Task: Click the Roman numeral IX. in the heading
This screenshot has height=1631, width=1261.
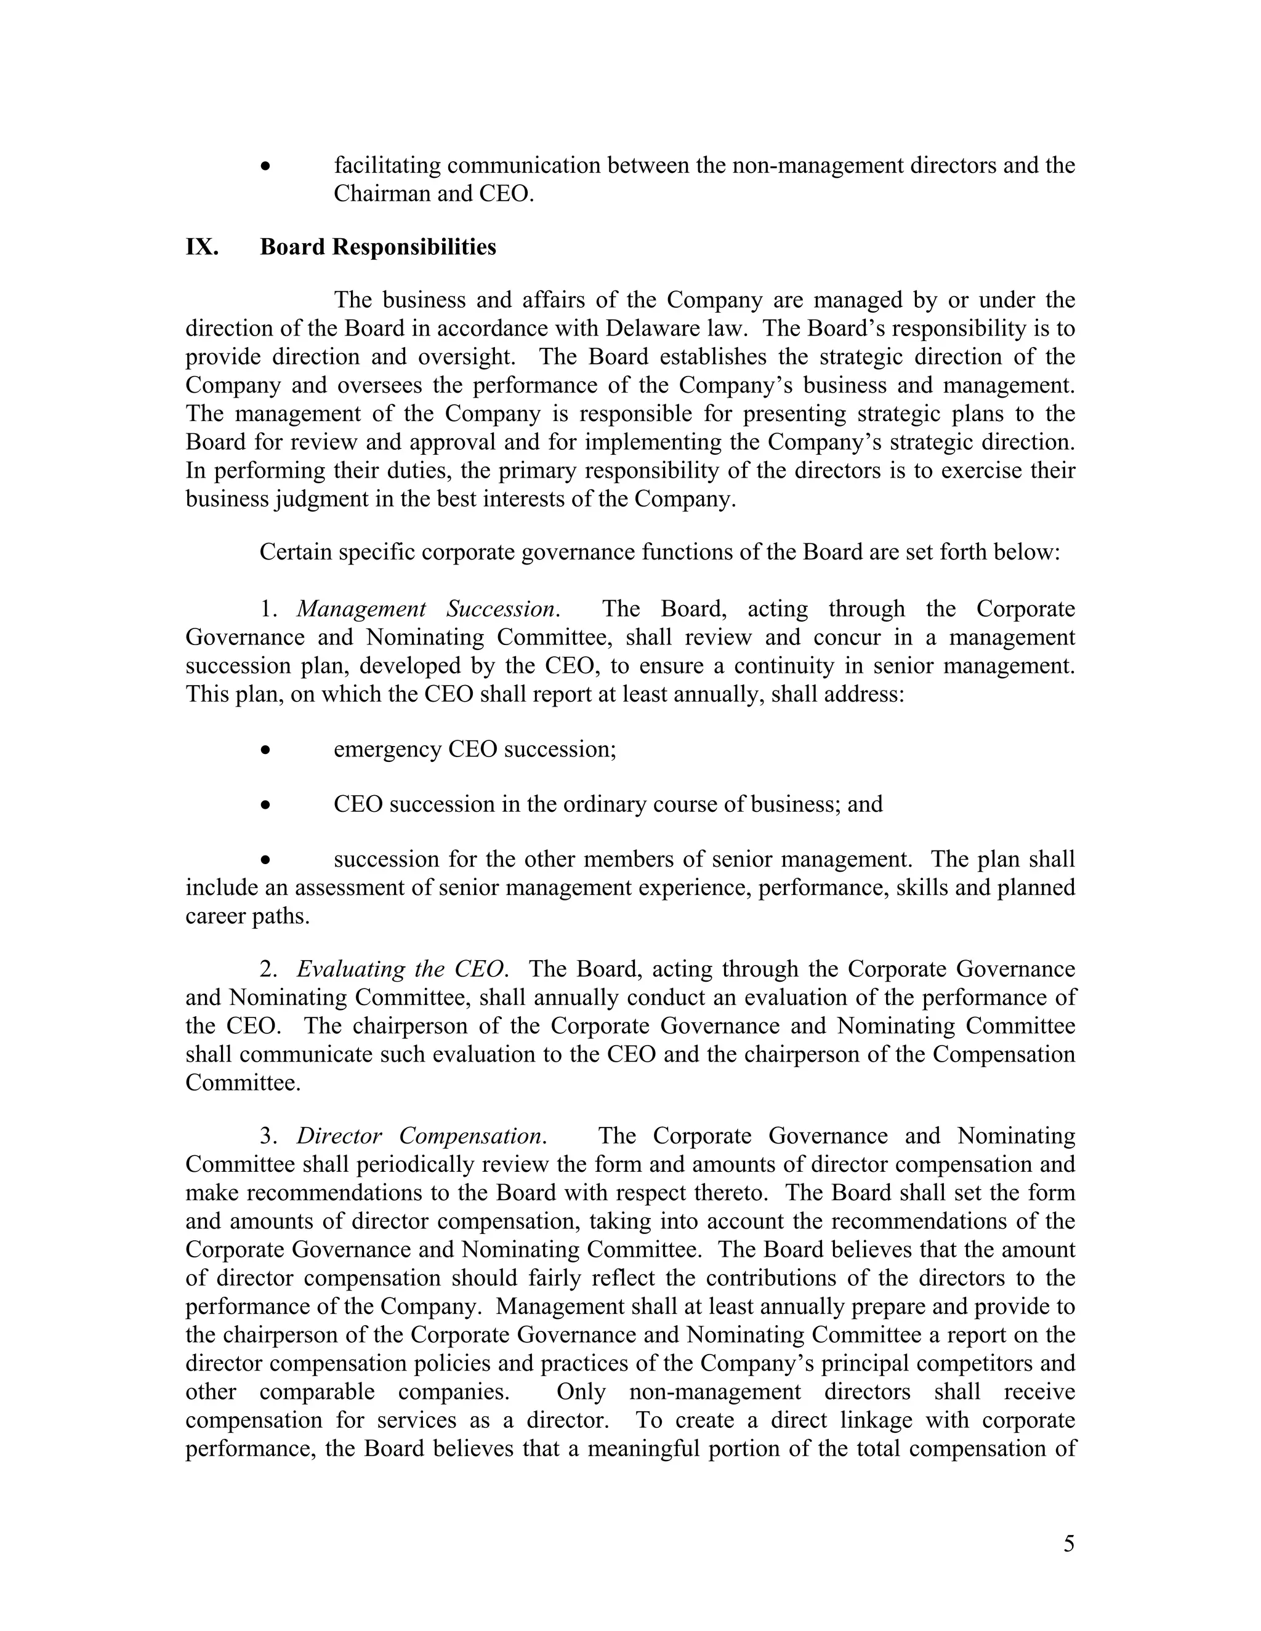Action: pos(202,247)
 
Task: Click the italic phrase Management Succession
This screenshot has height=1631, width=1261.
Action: pos(427,609)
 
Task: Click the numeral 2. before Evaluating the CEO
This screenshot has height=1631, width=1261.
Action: pos(268,969)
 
